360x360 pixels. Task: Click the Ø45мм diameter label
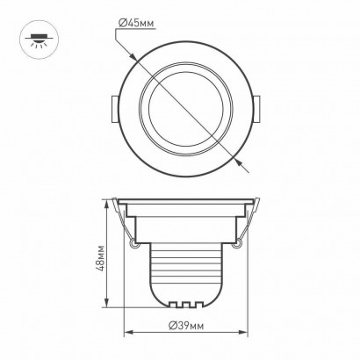click(136, 23)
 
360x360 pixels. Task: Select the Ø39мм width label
click(186, 326)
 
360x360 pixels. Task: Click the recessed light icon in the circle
click(39, 40)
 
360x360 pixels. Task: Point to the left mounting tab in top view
click(115, 109)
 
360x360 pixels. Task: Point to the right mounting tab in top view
click(256, 109)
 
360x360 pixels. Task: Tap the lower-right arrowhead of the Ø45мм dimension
click(239, 162)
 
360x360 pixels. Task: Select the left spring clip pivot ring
click(133, 243)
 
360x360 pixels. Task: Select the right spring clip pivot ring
click(238, 243)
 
